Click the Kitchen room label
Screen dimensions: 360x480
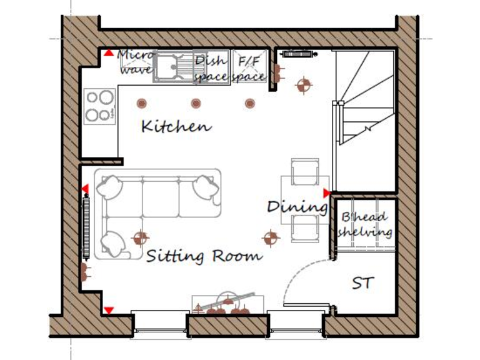point(176,126)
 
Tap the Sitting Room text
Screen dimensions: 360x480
point(204,256)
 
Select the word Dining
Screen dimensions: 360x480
point(297,206)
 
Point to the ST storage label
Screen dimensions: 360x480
point(363,283)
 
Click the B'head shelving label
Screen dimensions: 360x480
point(365,225)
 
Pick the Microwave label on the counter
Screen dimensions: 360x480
point(136,62)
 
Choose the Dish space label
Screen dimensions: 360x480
point(210,69)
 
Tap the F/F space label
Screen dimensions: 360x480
point(249,69)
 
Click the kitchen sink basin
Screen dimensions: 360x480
point(167,67)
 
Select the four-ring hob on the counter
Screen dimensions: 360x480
point(100,106)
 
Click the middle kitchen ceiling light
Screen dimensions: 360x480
point(196,103)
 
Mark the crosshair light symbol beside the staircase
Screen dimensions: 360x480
point(303,85)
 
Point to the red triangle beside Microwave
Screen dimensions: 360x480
point(109,54)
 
